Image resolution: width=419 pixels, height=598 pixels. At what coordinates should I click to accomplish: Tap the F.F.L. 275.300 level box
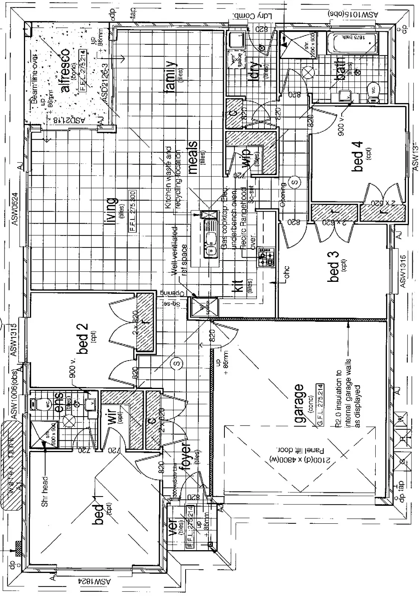(x=133, y=211)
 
